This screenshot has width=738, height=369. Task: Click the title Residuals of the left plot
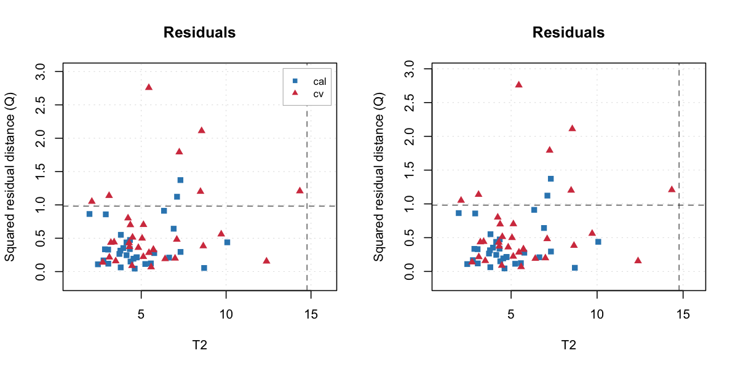[x=199, y=33]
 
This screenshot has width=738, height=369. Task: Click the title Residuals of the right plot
[x=568, y=33]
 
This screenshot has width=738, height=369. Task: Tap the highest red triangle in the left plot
[x=149, y=87]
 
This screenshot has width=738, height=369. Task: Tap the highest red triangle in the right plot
[x=518, y=84]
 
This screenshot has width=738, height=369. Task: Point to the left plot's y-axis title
[x=10, y=176]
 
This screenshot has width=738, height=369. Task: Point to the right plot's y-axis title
[x=379, y=176]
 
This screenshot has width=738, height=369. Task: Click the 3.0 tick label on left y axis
[x=41, y=72]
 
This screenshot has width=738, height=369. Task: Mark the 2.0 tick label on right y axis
[x=410, y=136]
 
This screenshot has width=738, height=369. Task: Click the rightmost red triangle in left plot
[x=300, y=190]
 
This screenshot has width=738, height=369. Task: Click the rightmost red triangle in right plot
[x=672, y=189]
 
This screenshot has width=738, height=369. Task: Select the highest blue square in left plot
[x=181, y=180]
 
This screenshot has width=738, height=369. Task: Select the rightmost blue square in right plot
[x=598, y=242]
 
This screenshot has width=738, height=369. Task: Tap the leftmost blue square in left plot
[x=89, y=214]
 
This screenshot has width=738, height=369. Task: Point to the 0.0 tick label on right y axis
[x=410, y=271]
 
